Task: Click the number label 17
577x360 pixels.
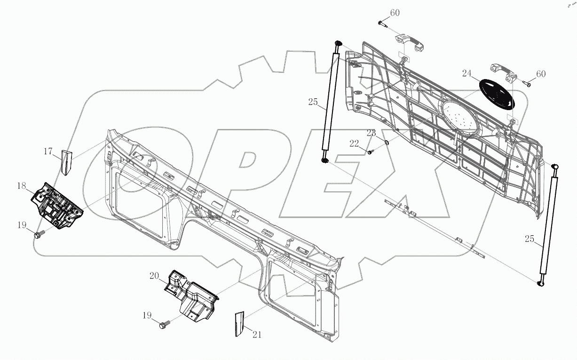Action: pyautogui.click(x=48, y=151)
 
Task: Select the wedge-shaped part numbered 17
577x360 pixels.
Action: pyautogui.click(x=66, y=161)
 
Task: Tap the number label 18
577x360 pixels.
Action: pyautogui.click(x=22, y=186)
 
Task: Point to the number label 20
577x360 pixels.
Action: pyautogui.click(x=154, y=276)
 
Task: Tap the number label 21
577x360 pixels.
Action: pyautogui.click(x=257, y=335)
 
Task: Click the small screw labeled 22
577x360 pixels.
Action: pyautogui.click(x=371, y=152)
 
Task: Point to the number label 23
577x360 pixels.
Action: pyautogui.click(x=371, y=133)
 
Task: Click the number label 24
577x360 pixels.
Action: pyautogui.click(x=466, y=73)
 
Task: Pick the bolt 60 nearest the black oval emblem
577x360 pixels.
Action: pyautogui.click(x=527, y=84)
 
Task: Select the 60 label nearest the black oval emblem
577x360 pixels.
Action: pyautogui.click(x=541, y=74)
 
